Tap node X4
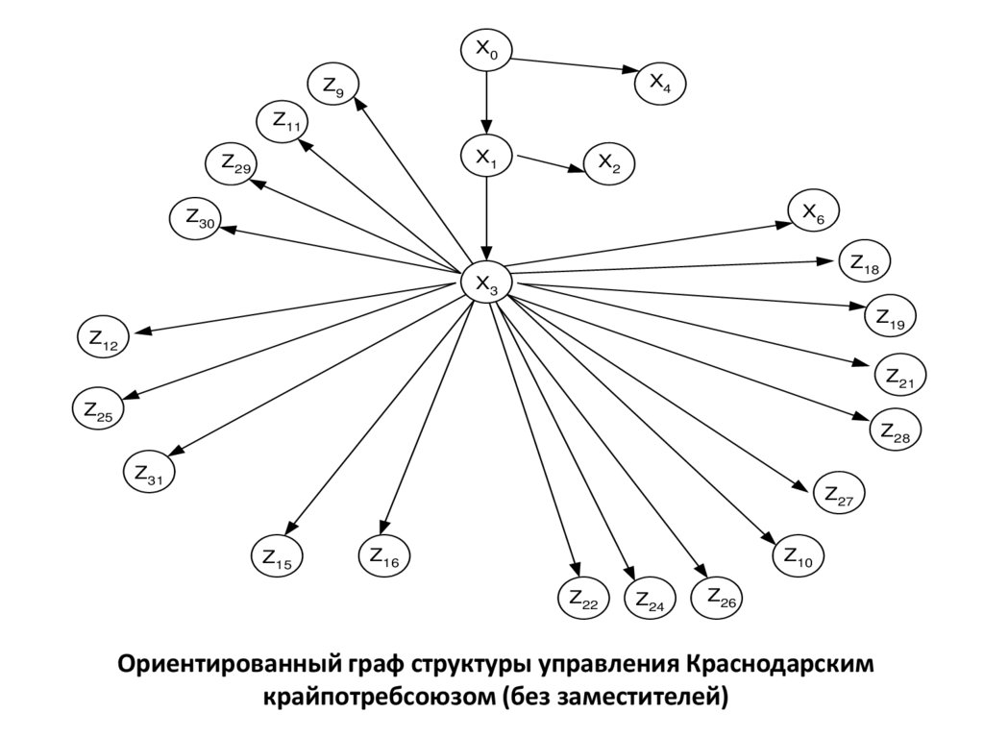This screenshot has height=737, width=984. [660, 84]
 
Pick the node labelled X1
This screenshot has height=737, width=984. [486, 159]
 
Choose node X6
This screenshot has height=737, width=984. [813, 213]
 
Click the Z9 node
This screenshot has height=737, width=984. [332, 87]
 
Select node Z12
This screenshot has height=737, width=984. [103, 338]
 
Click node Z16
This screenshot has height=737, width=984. [383, 554]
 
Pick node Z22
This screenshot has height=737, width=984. [582, 599]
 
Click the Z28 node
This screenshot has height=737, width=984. [895, 431]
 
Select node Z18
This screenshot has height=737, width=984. [865, 262]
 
